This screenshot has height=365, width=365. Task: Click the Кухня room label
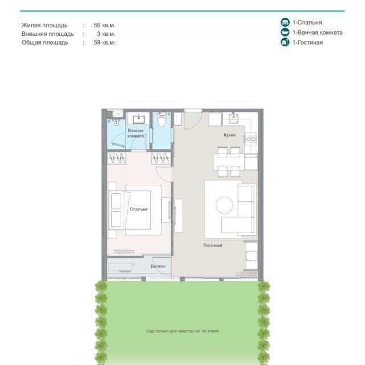[x=229, y=135]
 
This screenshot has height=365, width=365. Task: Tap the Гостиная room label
[x=213, y=245]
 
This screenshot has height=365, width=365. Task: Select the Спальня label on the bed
[x=139, y=209]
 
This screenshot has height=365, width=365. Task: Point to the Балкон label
[x=158, y=266]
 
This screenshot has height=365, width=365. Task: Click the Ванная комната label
[x=136, y=133]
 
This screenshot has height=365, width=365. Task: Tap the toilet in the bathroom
[x=161, y=119]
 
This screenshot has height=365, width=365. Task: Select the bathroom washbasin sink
[x=139, y=119]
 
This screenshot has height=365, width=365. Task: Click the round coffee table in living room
[x=224, y=205]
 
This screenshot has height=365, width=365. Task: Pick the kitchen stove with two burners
[x=250, y=139]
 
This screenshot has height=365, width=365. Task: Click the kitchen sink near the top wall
[x=233, y=118]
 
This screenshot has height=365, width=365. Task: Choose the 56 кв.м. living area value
[x=104, y=25]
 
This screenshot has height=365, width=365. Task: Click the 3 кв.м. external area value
[x=106, y=34]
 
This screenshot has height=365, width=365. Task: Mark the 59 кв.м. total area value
[x=104, y=42]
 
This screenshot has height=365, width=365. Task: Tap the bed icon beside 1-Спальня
[x=285, y=22]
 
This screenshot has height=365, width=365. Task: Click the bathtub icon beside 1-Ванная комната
[x=285, y=32]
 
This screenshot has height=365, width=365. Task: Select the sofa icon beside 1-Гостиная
[x=285, y=42]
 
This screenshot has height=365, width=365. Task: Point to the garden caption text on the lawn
[x=182, y=331]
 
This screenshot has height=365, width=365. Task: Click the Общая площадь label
[x=44, y=43]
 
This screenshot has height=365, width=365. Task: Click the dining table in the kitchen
[x=229, y=162]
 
